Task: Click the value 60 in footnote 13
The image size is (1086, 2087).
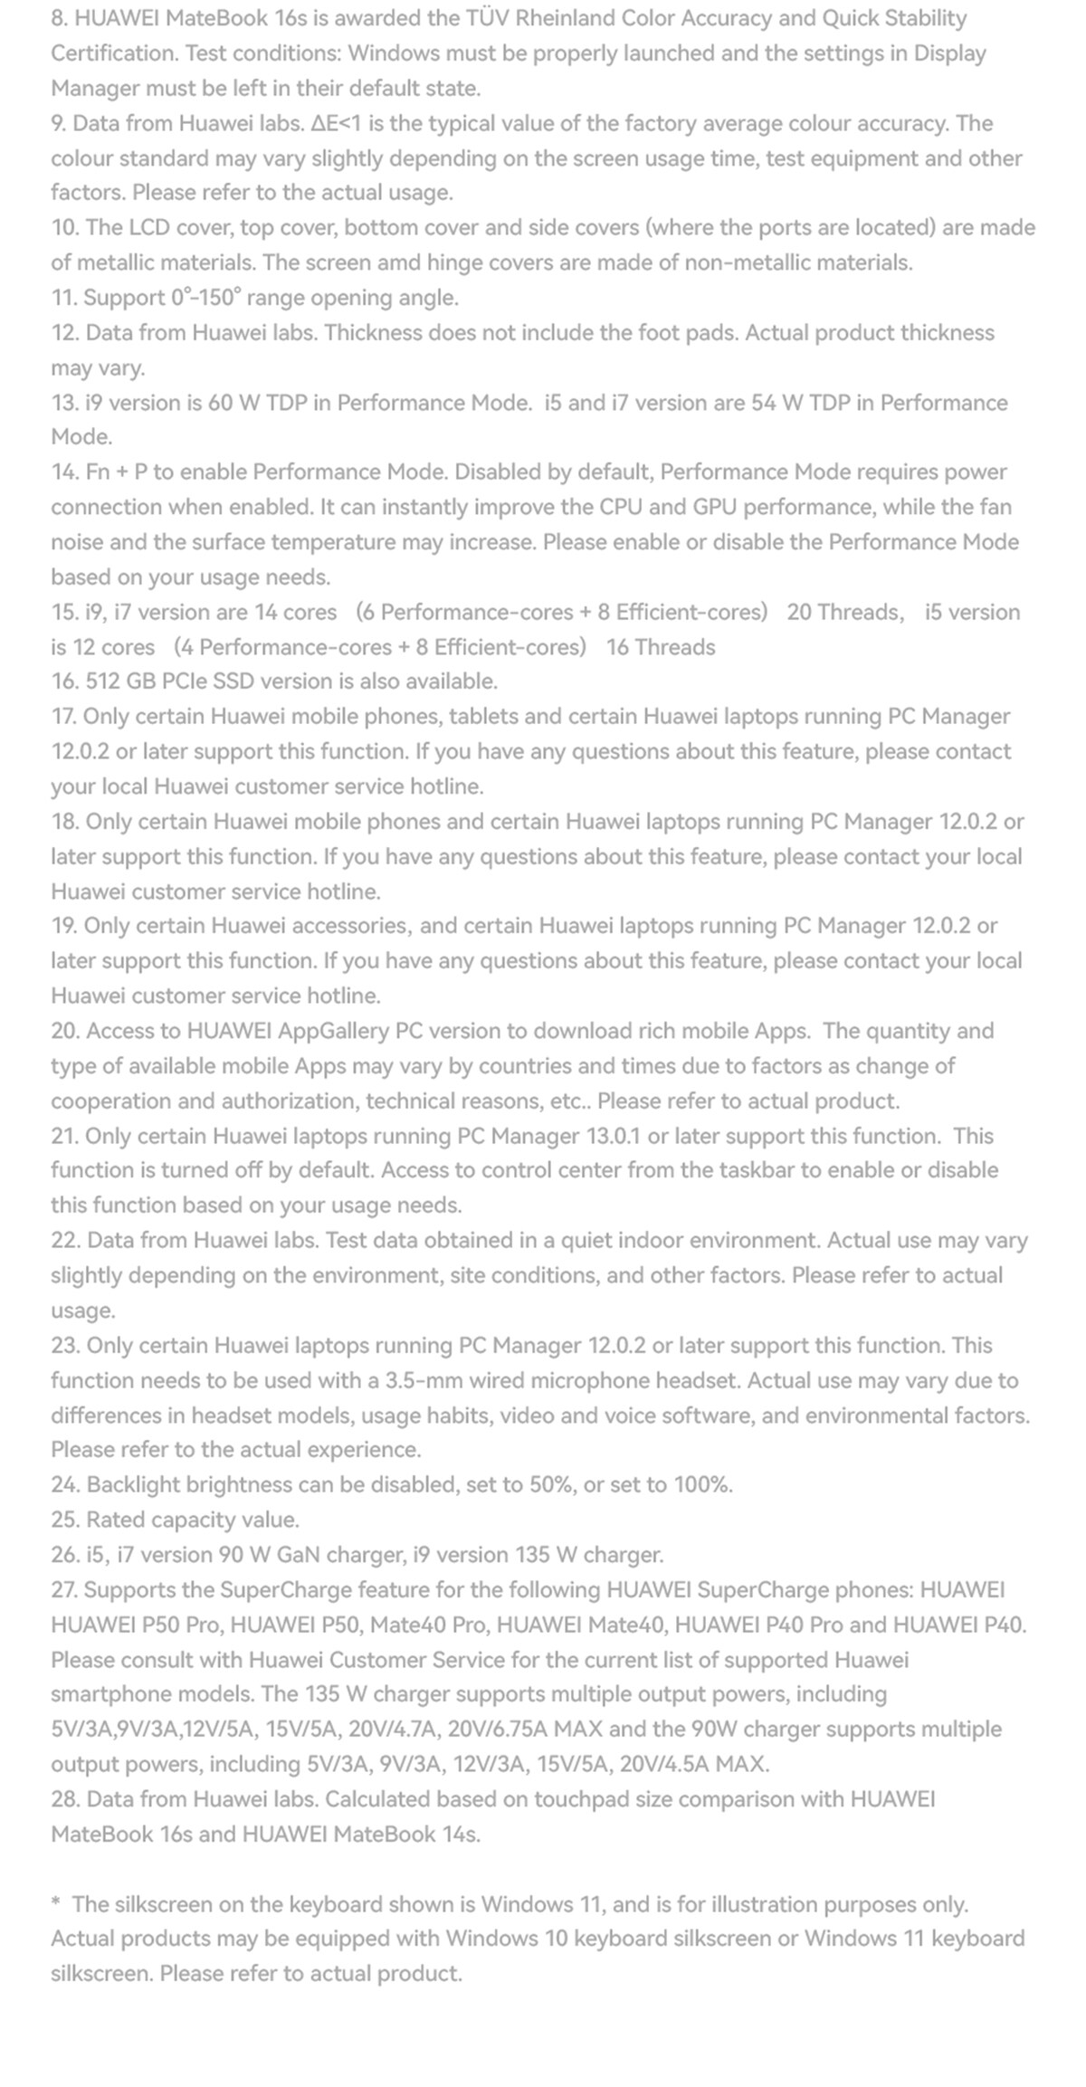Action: coord(220,403)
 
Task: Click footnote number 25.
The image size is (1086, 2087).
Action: coord(65,1520)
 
